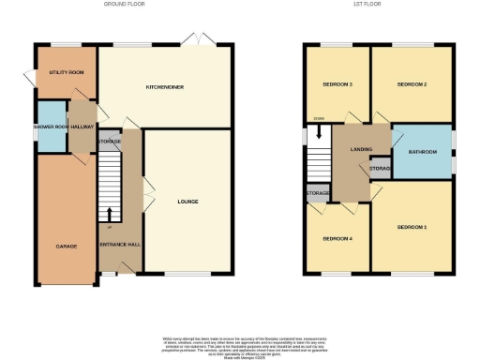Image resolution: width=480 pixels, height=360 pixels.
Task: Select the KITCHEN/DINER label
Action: (164, 87)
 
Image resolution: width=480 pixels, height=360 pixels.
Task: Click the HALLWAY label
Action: (81, 126)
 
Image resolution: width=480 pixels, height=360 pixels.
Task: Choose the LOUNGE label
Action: (188, 201)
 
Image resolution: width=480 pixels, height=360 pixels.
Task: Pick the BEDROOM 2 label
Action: (412, 84)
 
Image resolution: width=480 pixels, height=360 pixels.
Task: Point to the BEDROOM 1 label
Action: (411, 228)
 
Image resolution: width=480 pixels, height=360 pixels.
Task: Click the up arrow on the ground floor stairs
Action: (109, 214)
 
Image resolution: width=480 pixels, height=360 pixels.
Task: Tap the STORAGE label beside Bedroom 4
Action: (317, 194)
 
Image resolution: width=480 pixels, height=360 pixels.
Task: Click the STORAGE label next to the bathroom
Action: (381, 169)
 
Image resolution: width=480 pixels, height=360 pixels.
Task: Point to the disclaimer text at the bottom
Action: (239, 343)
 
